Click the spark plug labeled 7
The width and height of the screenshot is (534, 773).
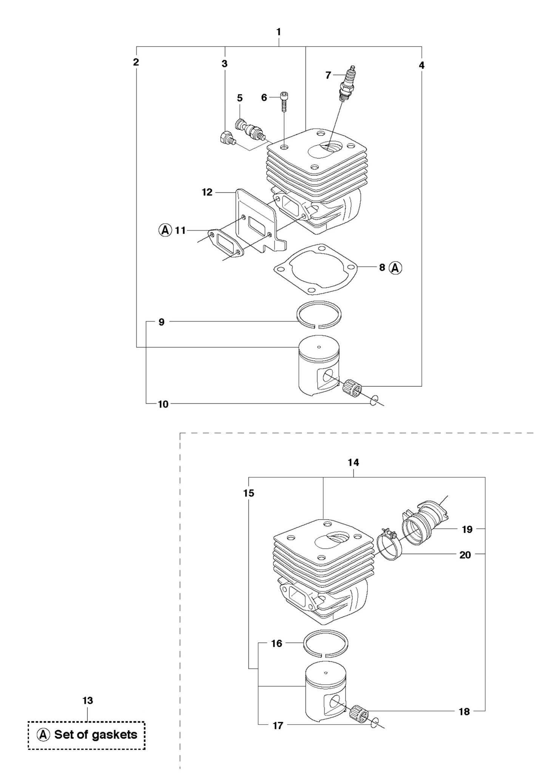click(x=347, y=83)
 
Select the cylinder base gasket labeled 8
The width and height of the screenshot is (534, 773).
click(x=315, y=269)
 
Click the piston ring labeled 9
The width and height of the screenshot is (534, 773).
click(x=318, y=314)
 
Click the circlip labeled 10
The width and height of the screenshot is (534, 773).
click(x=373, y=400)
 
